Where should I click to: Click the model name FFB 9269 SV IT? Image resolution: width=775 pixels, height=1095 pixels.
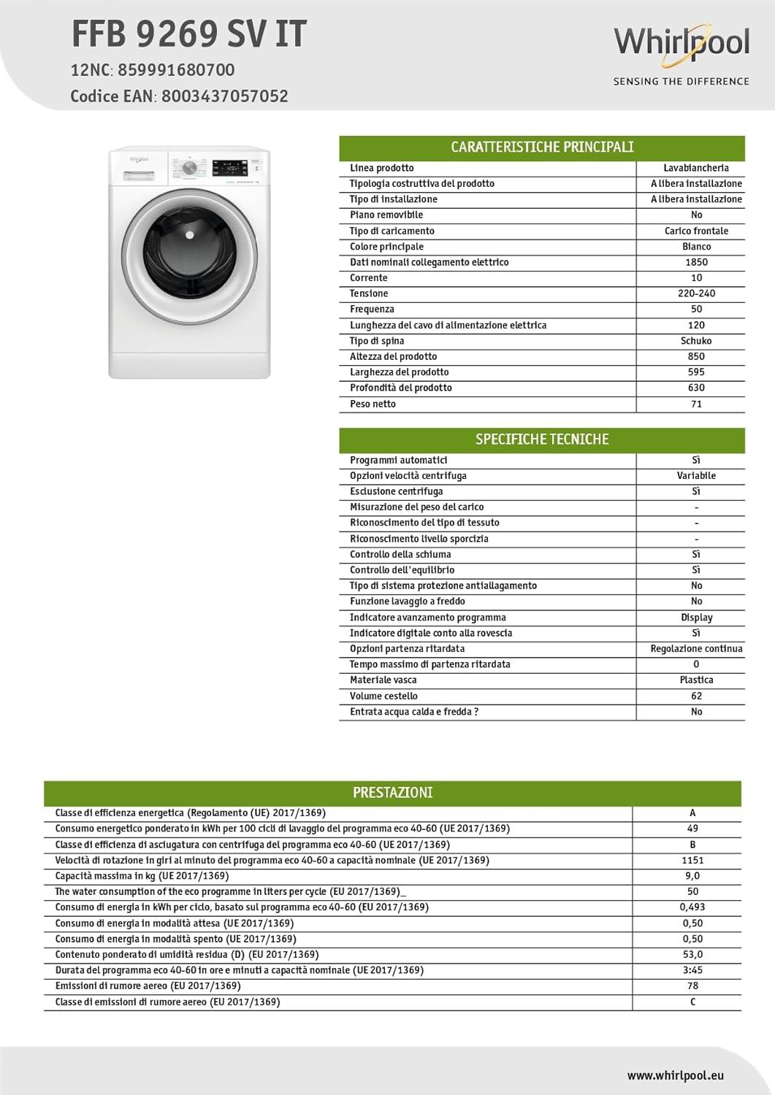coord(188,34)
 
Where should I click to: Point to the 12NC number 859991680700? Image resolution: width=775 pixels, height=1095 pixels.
coord(176,70)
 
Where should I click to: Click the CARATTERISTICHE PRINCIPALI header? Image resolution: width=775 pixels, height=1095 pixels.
coord(542,147)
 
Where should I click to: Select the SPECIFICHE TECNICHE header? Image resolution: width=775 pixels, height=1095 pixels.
coord(542,439)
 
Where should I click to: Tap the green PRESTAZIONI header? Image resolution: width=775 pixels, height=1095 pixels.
coord(392,793)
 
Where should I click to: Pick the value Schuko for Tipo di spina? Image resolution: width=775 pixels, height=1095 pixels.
coord(696,341)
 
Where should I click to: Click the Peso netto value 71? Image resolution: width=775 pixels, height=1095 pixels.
coord(696,404)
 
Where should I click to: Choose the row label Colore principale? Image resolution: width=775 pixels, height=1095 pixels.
coord(386,247)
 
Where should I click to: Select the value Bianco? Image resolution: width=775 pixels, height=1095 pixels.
coord(696,247)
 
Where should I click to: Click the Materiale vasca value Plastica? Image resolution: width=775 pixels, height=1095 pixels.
coord(696,680)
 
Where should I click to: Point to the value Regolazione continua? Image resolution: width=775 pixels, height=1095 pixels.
coord(696,648)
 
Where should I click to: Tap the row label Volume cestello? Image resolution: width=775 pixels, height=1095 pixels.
coord(383,696)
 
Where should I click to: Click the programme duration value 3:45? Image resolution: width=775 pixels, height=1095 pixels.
coord(692,970)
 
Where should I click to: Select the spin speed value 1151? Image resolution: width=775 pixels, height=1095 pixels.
coord(692,860)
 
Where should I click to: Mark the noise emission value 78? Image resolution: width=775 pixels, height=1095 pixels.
coord(692,985)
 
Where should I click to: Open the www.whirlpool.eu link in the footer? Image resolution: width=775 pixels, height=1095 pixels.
coord(675,1075)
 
